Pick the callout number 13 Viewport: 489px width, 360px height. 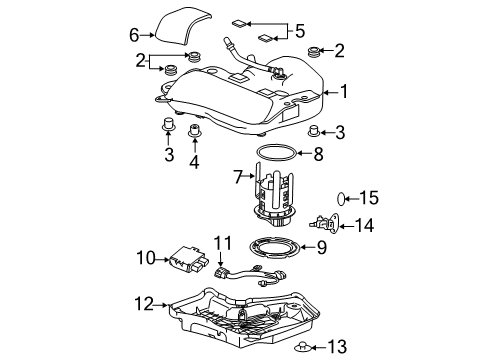click(338, 346)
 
